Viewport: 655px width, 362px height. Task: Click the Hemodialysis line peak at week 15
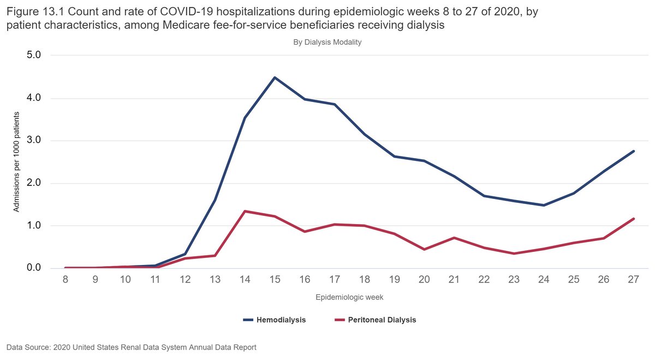tap(275, 77)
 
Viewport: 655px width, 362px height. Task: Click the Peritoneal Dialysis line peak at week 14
tap(245, 211)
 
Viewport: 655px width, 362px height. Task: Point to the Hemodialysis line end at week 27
tap(634, 151)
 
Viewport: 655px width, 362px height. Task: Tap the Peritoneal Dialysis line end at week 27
tap(634, 219)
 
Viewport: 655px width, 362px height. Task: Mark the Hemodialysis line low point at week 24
tap(544, 205)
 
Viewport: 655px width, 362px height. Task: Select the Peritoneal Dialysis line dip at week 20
tap(424, 249)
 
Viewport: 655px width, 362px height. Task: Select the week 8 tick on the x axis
tap(65, 279)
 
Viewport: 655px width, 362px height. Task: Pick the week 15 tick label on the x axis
tap(275, 279)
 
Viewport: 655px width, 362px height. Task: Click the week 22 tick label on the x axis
tap(484, 279)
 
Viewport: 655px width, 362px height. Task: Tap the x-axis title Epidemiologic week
tap(349, 298)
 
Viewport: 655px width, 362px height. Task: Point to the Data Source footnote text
tap(131, 347)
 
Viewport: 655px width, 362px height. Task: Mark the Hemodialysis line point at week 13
tap(215, 200)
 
